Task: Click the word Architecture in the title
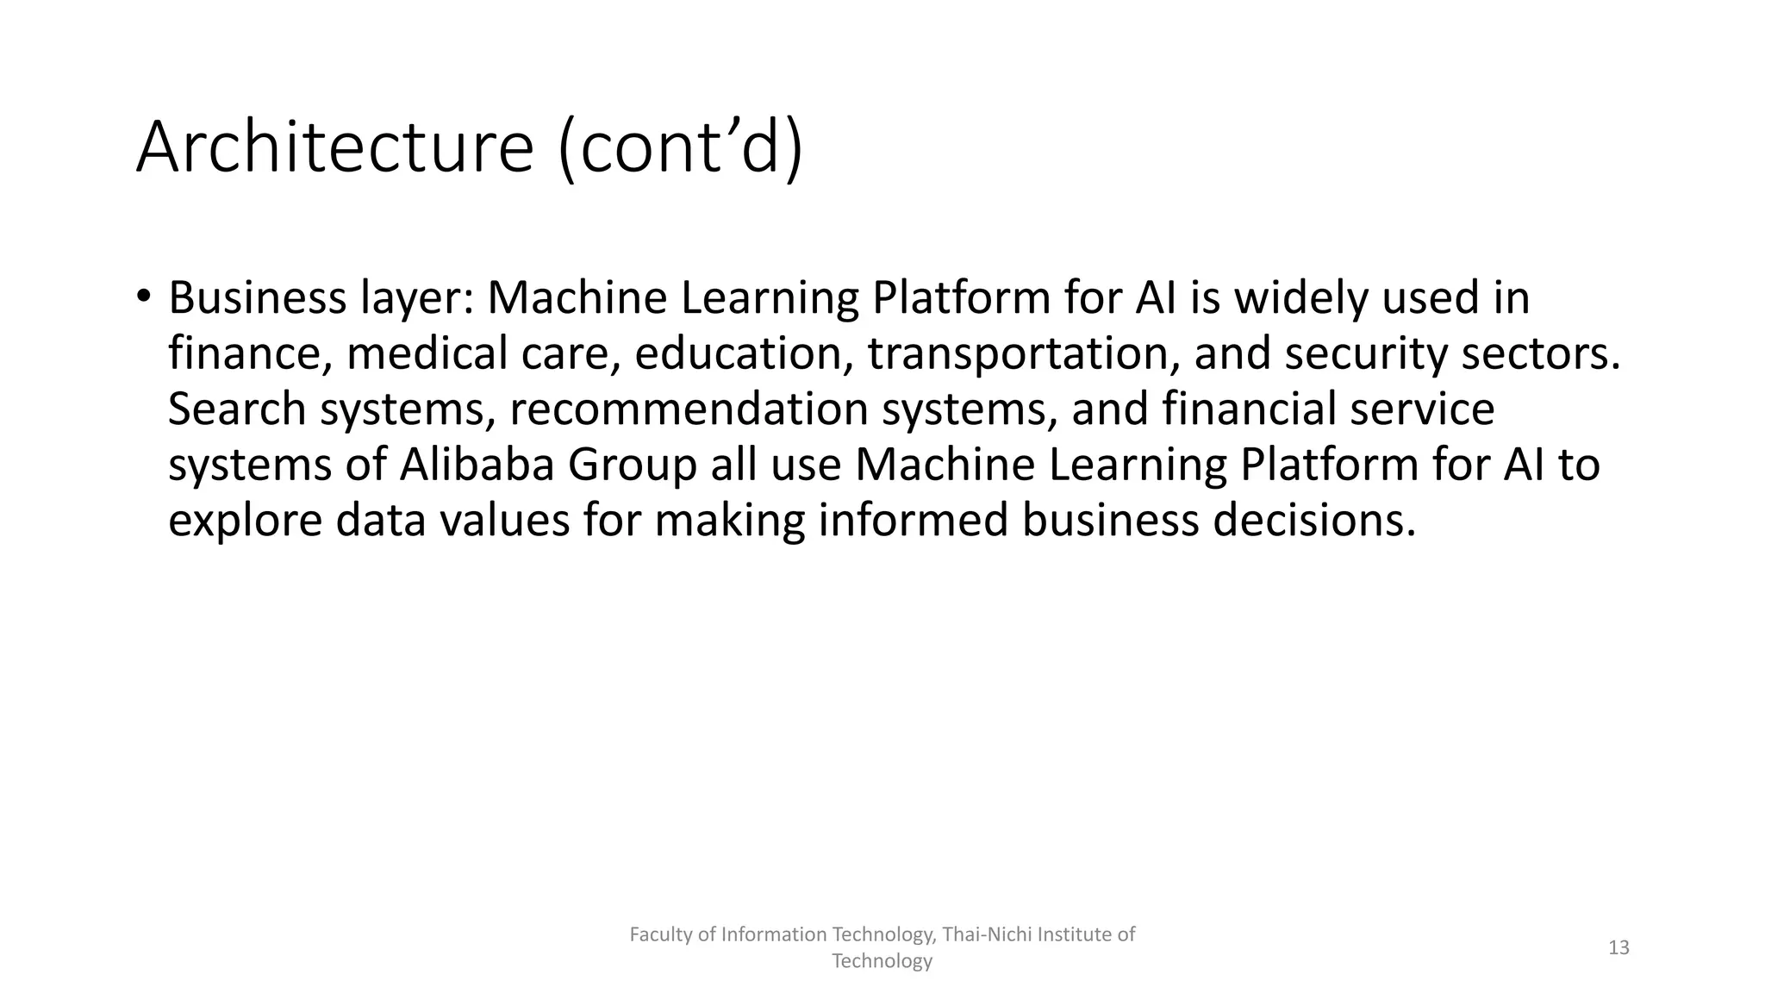coord(335,147)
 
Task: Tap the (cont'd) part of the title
coord(681,147)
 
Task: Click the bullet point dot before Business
coord(143,296)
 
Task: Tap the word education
coord(745,354)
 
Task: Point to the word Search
coord(237,409)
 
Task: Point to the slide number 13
coord(1618,948)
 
